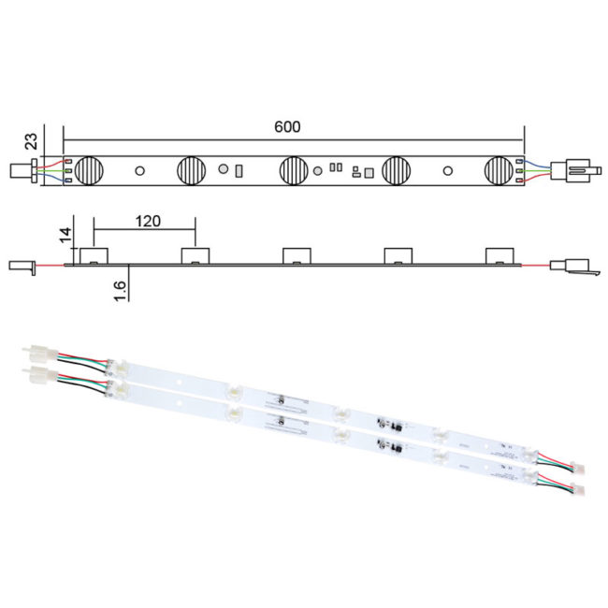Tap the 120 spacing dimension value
pos(146,222)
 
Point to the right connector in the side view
pos(572,267)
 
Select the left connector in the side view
pos(22,266)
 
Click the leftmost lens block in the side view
pos(94,255)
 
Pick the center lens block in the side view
pos(298,255)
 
